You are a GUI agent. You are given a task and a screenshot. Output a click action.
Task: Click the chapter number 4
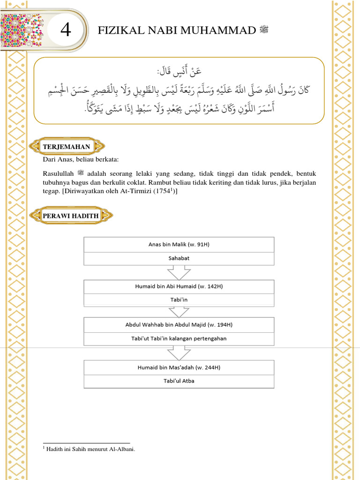tap(66, 31)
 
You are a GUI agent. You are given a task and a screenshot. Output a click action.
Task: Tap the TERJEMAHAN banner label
tap(66, 147)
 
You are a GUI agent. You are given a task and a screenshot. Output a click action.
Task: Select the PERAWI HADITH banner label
tap(71, 216)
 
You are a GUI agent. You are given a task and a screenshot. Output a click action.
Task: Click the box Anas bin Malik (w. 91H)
tap(179, 245)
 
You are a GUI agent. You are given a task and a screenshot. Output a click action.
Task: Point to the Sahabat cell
tap(179, 258)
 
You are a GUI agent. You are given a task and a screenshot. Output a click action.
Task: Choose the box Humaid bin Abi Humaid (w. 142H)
tap(179, 286)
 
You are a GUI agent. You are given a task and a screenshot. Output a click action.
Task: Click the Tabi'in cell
tap(179, 300)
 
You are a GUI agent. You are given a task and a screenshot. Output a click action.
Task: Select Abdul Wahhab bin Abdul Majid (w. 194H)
tap(179, 324)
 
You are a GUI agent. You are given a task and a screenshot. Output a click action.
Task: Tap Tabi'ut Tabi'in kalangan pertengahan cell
tap(179, 338)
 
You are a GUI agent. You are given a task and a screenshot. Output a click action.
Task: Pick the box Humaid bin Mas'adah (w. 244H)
tap(179, 367)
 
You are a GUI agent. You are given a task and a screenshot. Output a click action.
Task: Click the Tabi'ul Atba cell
tap(179, 381)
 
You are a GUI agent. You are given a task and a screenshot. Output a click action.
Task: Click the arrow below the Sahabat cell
tap(179, 272)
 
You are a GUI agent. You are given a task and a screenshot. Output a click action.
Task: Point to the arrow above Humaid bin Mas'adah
tap(179, 353)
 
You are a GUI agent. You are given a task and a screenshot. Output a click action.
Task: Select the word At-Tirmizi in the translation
tap(134, 191)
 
